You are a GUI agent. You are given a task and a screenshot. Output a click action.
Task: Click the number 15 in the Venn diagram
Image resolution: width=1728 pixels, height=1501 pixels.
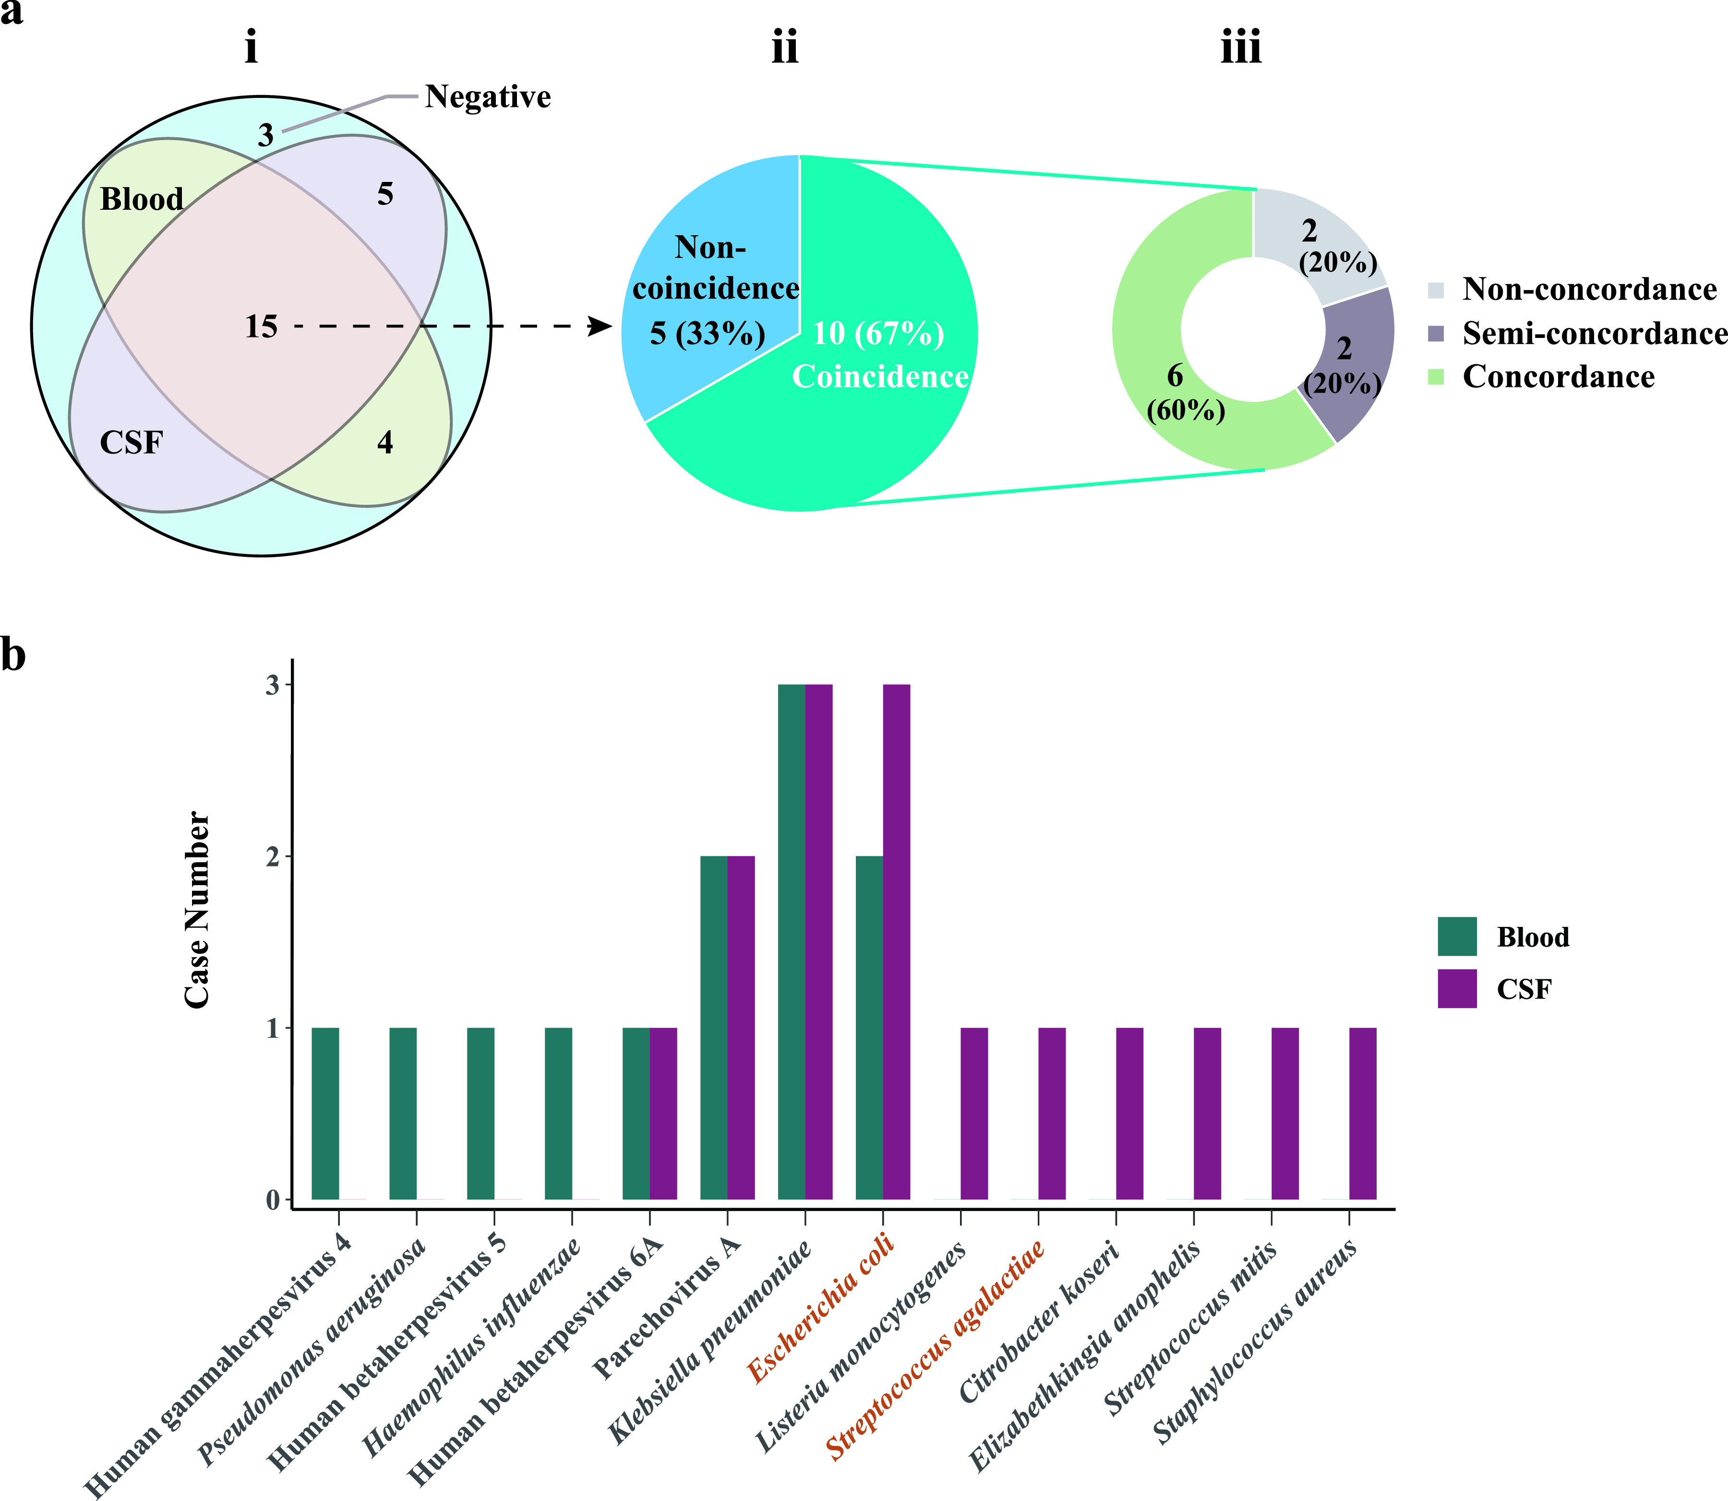tap(261, 327)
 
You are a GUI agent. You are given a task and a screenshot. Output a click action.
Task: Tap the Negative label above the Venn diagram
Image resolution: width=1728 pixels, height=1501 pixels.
tap(488, 97)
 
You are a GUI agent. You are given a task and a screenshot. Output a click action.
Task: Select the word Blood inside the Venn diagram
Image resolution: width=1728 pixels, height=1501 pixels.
tap(142, 199)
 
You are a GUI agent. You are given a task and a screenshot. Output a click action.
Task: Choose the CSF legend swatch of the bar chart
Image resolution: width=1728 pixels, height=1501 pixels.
tap(1457, 988)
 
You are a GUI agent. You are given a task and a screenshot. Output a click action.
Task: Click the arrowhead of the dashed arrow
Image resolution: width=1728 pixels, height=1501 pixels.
tap(601, 327)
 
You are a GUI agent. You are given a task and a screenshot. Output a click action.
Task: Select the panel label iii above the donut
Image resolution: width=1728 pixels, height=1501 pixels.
tap(1240, 48)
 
